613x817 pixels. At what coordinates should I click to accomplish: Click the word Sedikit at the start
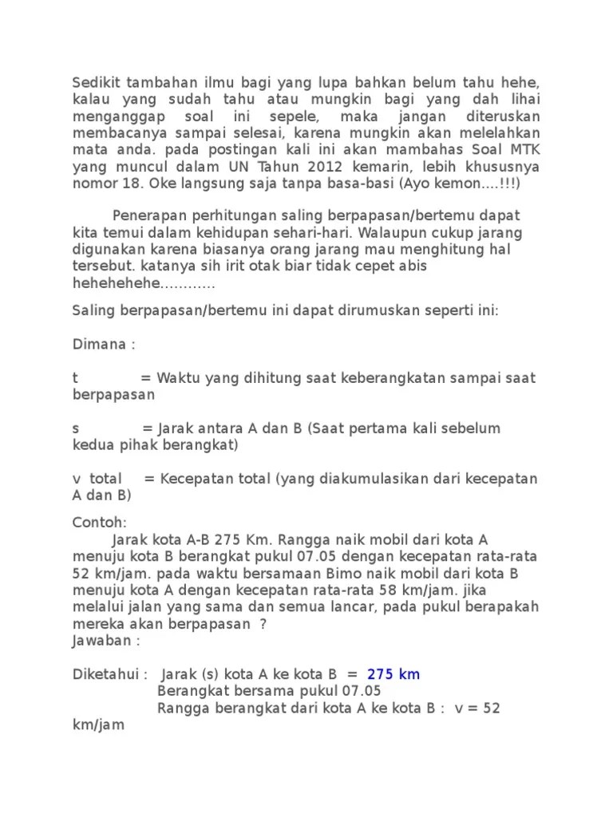tap(95, 82)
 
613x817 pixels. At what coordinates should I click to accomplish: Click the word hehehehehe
tap(115, 283)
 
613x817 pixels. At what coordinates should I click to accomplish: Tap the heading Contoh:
tap(99, 522)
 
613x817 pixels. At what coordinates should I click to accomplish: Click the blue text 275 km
tap(394, 674)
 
